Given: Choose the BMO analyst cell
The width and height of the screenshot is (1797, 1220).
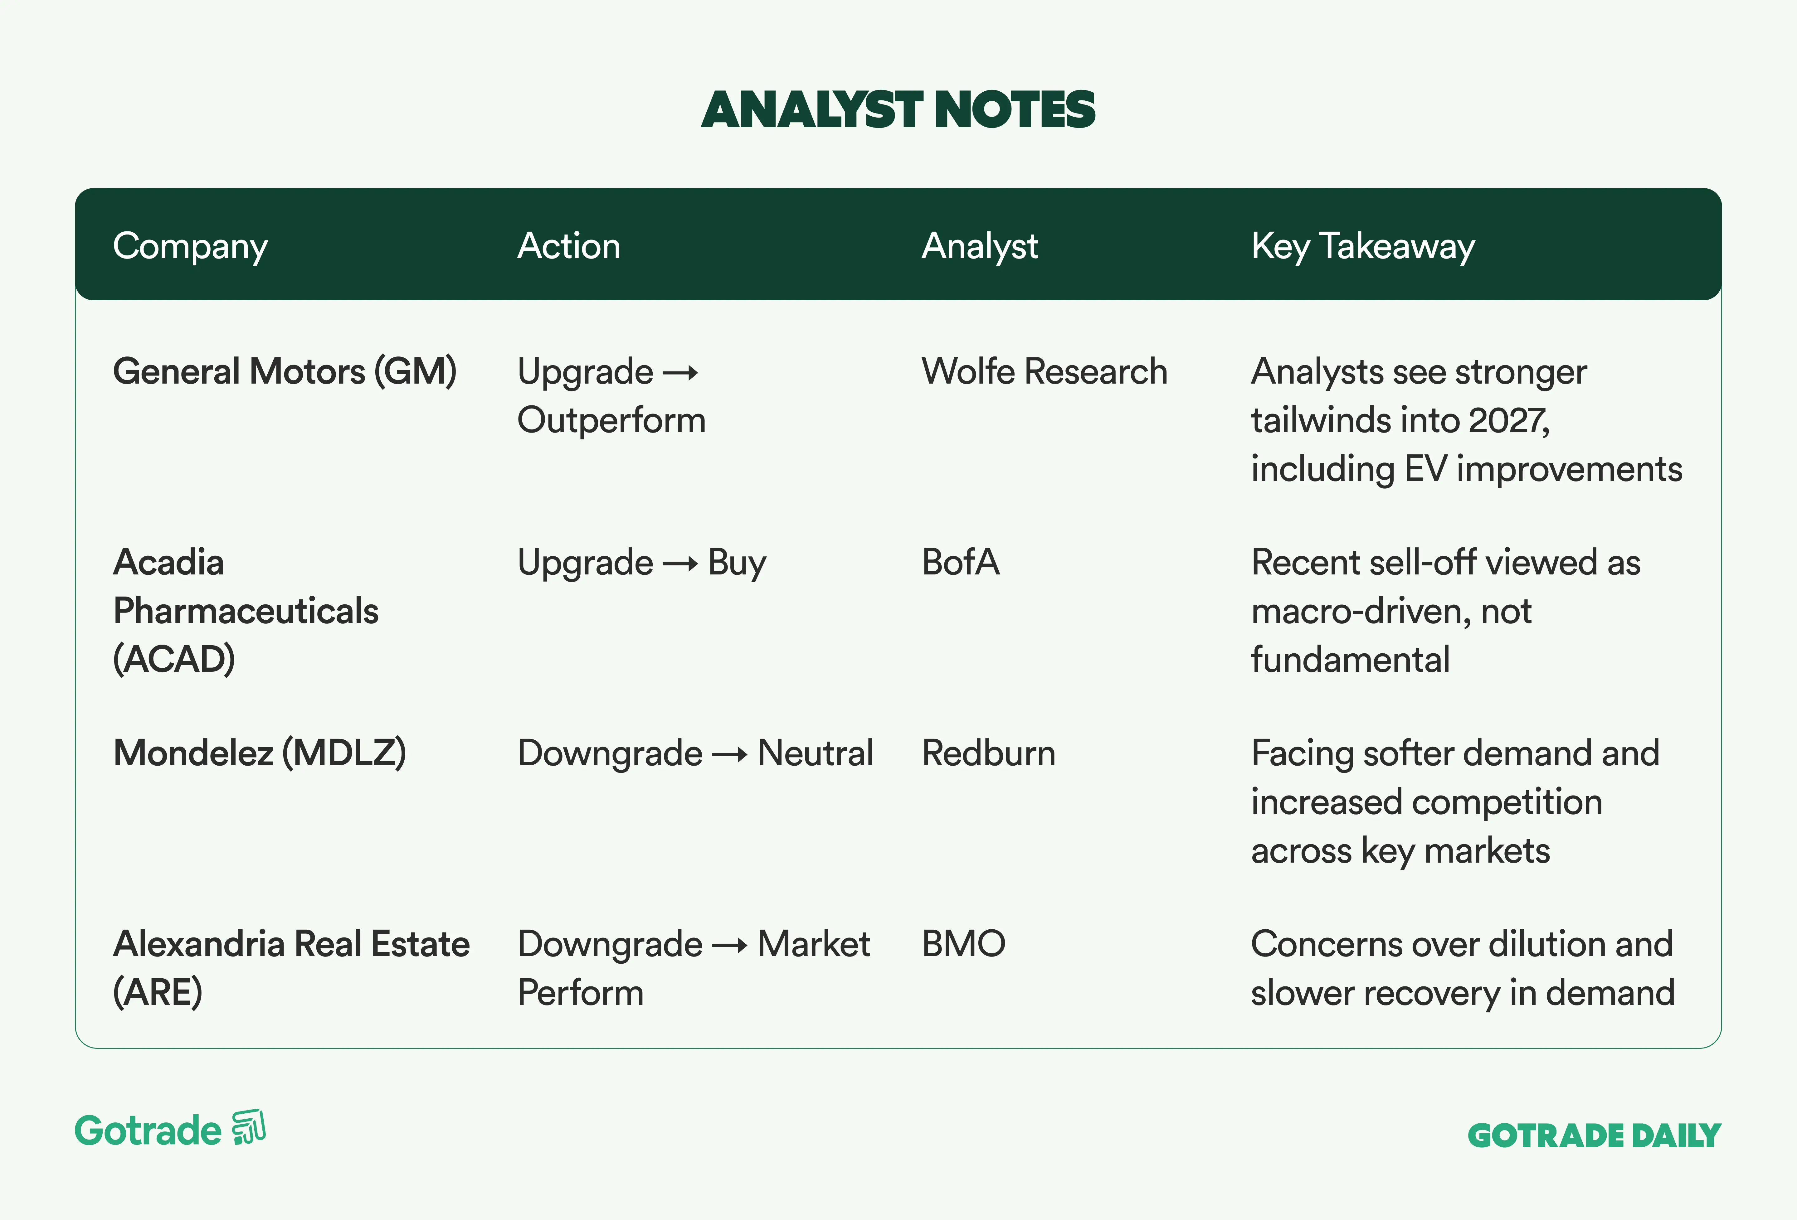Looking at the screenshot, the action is coord(963,944).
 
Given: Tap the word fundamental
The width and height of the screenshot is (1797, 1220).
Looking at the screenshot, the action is coord(1350,660).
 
